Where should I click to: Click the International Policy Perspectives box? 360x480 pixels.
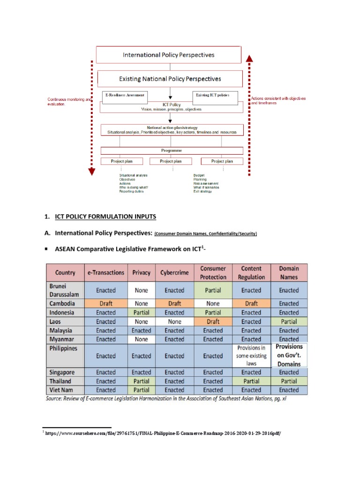click(169, 55)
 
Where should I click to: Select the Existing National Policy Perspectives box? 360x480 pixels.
click(170, 79)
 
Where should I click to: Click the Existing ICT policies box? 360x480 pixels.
click(216, 95)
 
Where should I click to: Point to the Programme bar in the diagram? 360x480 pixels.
click(172, 150)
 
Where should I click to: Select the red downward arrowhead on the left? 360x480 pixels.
click(91, 171)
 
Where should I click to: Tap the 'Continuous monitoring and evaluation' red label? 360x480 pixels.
click(66, 102)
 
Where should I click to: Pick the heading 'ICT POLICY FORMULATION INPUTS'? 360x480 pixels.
click(105, 217)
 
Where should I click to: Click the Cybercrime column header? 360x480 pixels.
click(174, 272)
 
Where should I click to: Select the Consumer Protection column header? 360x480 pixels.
click(213, 272)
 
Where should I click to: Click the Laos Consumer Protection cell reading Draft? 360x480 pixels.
click(213, 322)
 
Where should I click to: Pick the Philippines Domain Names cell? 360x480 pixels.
click(289, 355)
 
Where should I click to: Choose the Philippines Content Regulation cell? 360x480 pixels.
click(251, 355)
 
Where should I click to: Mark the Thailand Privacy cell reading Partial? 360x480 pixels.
click(141, 381)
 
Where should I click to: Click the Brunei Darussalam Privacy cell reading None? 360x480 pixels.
click(141, 290)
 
